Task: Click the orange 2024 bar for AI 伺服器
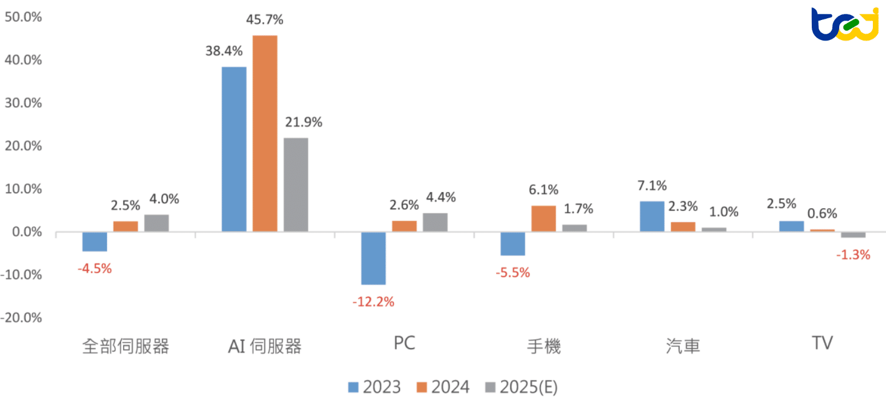[x=265, y=133]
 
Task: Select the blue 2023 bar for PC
[x=373, y=258]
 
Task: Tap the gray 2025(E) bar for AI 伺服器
[x=296, y=184]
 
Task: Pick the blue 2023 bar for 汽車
[x=652, y=216]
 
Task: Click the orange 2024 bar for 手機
[x=543, y=218]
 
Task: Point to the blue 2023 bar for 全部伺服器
[x=95, y=241]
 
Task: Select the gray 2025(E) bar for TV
[x=853, y=234]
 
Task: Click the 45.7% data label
[x=265, y=20]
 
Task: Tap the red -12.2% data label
[x=373, y=302]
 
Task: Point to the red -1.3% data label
[x=853, y=255]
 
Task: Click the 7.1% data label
[x=652, y=185]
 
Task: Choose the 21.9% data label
[x=303, y=122]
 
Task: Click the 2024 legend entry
[x=442, y=387]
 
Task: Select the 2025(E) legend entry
[x=520, y=387]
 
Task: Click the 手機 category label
[x=543, y=346]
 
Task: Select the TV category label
[x=822, y=343]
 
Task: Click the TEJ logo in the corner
[x=844, y=24]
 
